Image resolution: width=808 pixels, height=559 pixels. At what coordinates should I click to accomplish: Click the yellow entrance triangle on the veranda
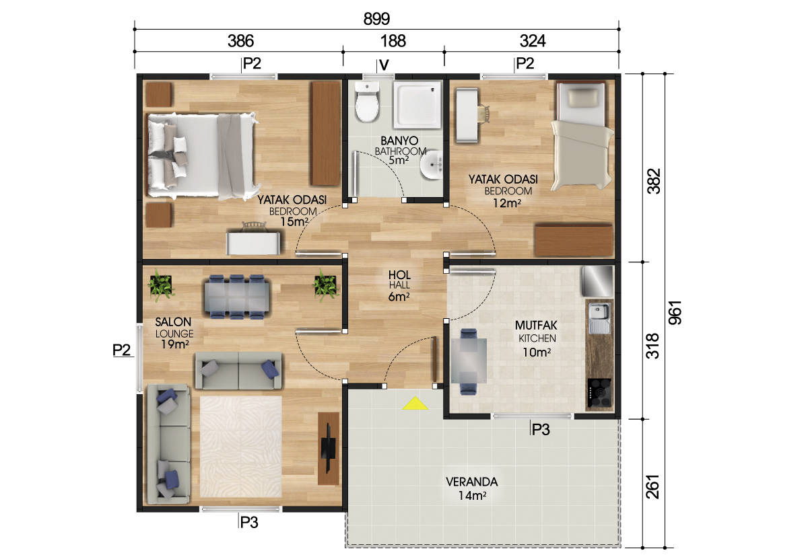(x=415, y=404)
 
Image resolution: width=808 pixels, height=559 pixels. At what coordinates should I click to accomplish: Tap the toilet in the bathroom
(x=367, y=102)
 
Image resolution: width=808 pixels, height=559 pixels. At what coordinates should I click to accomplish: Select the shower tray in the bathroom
(x=417, y=105)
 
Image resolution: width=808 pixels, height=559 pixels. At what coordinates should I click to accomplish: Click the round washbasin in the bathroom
(x=432, y=165)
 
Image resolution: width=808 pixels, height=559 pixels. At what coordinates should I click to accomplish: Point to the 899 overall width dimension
(x=376, y=19)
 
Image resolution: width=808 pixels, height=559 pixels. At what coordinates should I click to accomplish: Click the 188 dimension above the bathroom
(x=393, y=41)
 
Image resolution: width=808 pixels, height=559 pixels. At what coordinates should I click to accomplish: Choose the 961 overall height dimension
(x=675, y=312)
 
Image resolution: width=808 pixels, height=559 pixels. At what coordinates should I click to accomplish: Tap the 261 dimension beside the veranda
(x=652, y=486)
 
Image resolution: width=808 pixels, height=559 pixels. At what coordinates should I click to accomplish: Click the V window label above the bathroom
(x=384, y=65)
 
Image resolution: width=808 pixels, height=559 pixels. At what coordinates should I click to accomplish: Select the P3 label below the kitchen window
(x=541, y=430)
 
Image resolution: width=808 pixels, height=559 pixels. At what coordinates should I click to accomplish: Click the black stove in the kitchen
(x=599, y=393)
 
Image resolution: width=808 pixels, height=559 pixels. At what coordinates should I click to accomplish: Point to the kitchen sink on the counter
(x=599, y=318)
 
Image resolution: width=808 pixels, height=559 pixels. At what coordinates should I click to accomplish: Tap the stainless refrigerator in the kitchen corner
(x=597, y=281)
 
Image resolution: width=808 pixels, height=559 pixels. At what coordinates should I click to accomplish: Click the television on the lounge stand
(x=329, y=448)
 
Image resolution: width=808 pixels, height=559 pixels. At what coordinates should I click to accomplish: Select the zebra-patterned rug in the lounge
(x=240, y=447)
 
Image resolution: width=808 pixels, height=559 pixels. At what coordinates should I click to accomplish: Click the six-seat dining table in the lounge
(x=236, y=297)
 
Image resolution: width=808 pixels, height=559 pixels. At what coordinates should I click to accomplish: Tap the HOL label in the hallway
(x=399, y=275)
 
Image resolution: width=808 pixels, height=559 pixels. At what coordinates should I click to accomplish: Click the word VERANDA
(x=472, y=482)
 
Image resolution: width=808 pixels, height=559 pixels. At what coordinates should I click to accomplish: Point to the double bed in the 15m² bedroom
(x=203, y=155)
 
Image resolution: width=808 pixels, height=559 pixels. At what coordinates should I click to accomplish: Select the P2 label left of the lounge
(x=121, y=350)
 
